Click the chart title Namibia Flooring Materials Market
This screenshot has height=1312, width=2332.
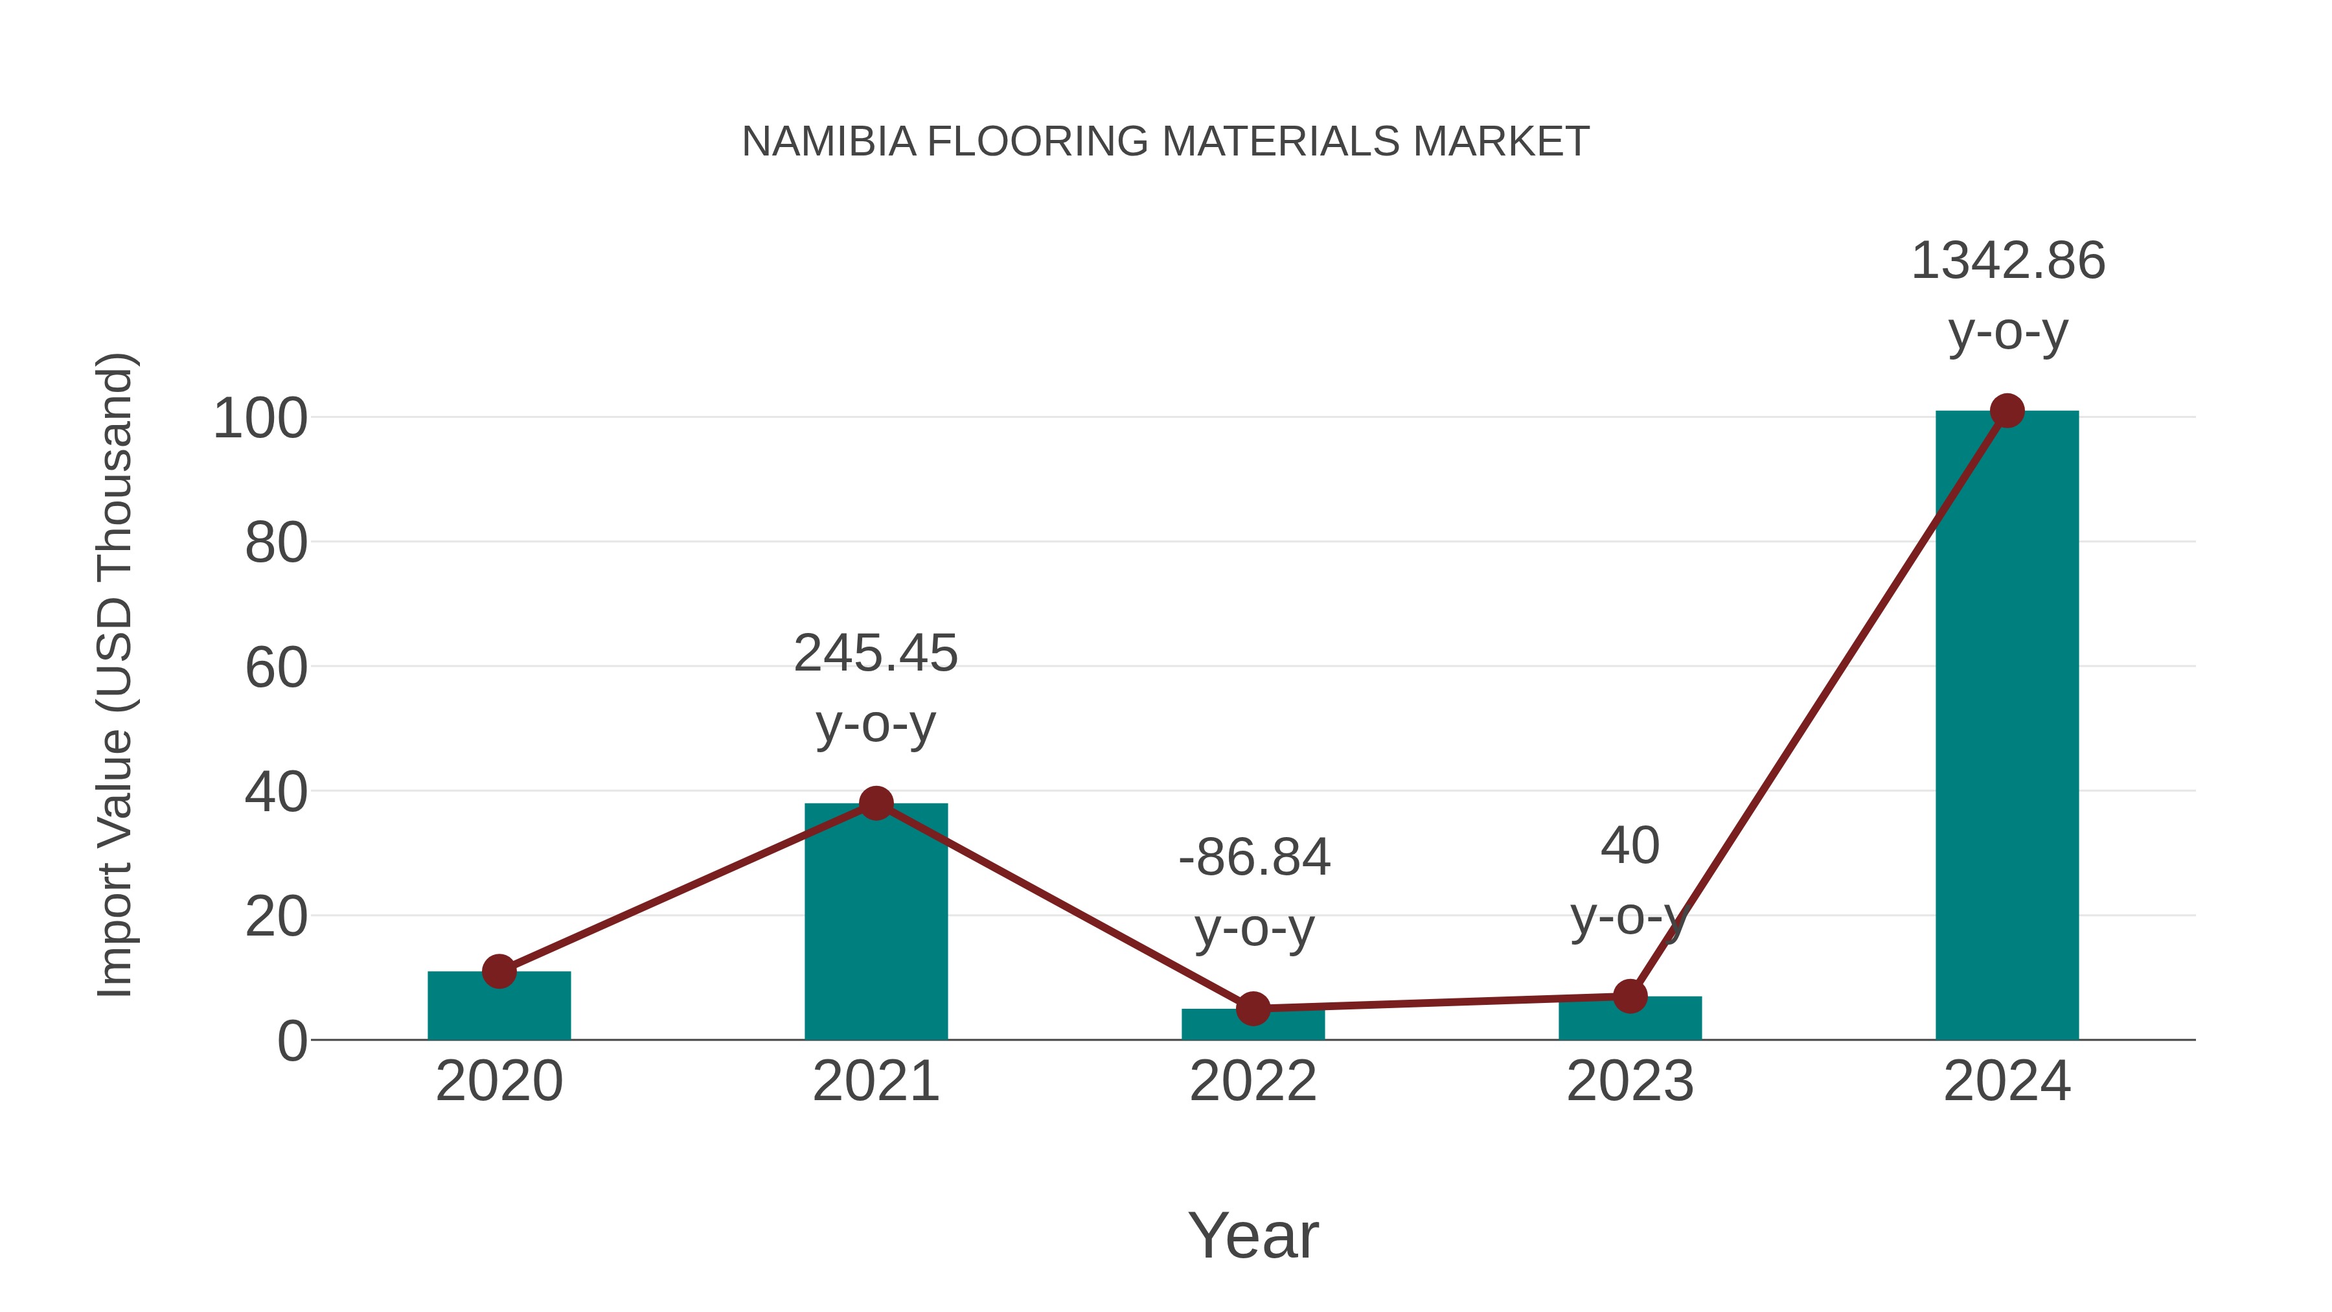click(1165, 142)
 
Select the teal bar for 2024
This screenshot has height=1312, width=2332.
click(2007, 724)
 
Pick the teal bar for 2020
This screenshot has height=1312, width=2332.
click(499, 1006)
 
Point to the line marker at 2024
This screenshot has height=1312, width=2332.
click(2007, 411)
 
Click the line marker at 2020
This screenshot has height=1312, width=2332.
click(499, 972)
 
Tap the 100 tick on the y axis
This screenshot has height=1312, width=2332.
click(260, 419)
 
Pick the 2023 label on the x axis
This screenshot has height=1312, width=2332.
click(1630, 1081)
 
